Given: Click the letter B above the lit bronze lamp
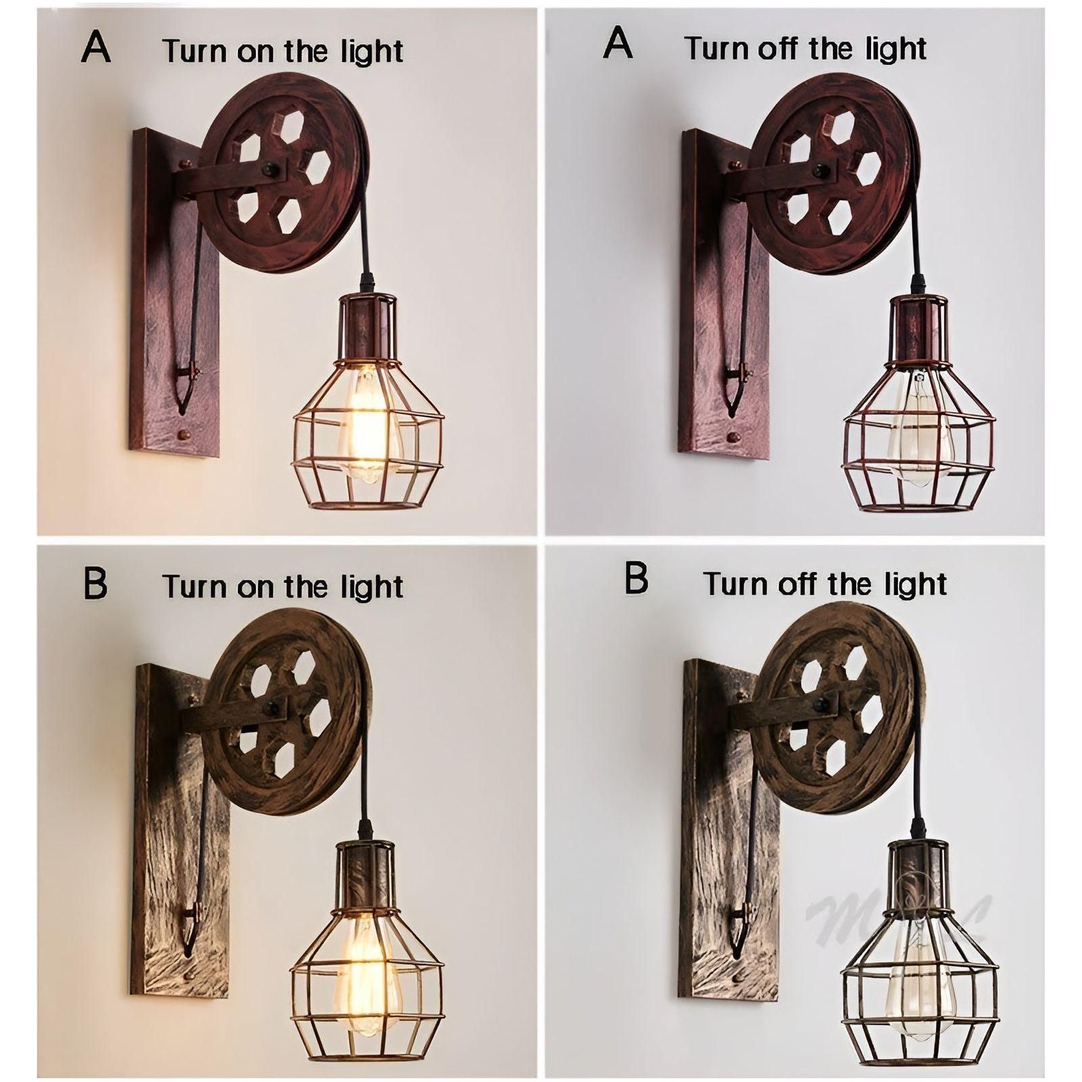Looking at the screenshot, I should tap(95, 583).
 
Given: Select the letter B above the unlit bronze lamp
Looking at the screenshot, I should tap(636, 579).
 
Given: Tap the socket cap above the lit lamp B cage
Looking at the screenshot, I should tap(363, 869).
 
